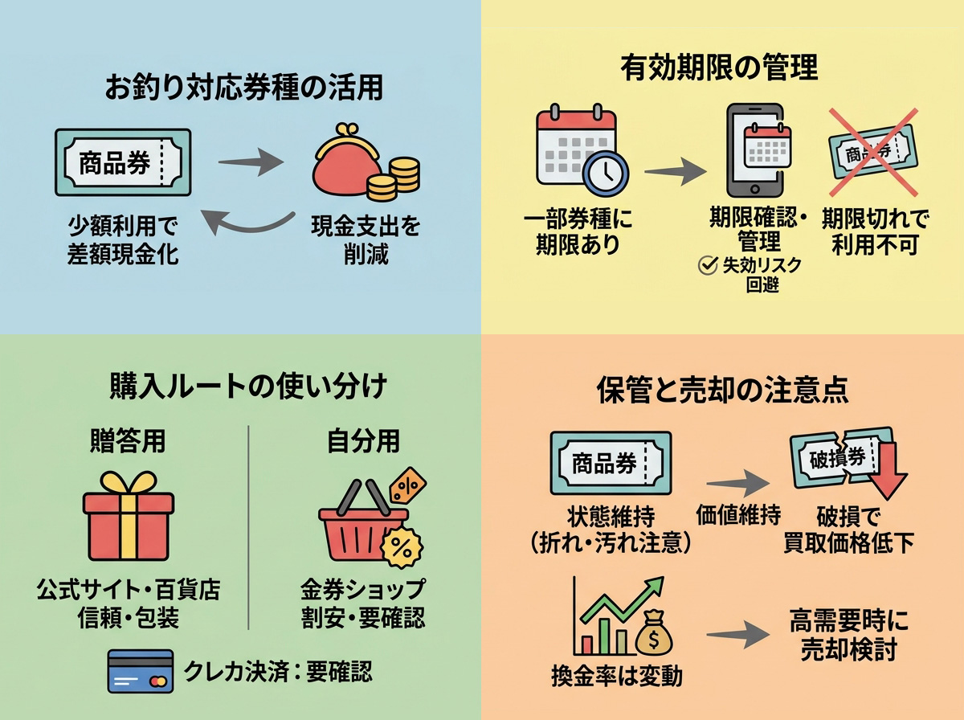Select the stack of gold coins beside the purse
tap(394, 179)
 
